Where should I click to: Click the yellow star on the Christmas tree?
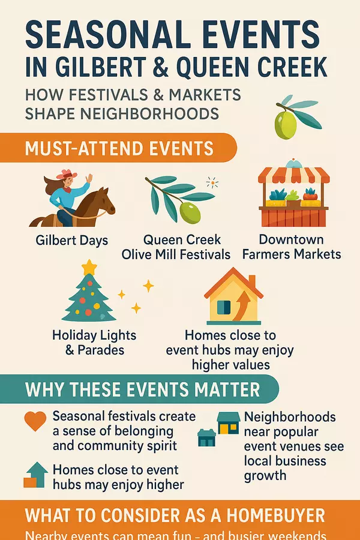click(x=89, y=266)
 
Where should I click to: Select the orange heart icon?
click(x=35, y=421)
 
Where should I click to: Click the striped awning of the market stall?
click(x=293, y=175)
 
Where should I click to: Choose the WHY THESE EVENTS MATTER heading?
click(x=142, y=389)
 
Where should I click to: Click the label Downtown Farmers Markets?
click(x=292, y=246)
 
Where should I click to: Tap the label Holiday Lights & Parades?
click(x=94, y=342)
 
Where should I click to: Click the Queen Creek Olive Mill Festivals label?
click(x=176, y=246)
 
